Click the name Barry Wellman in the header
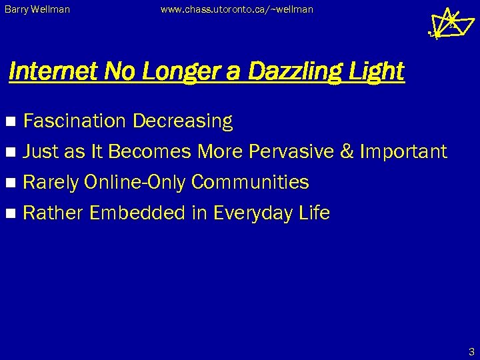tap(37, 10)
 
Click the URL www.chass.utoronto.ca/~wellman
tap(237, 10)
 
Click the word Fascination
tap(75, 121)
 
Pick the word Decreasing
tap(183, 121)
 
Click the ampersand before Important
tap(347, 151)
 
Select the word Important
tap(403, 151)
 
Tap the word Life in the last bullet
tap(314, 213)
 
